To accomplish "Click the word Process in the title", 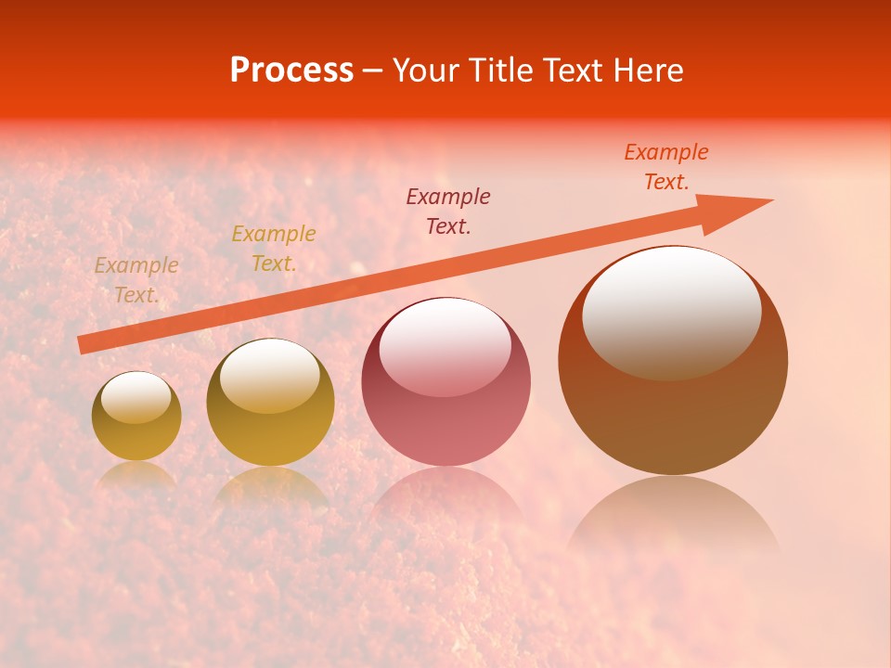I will (291, 71).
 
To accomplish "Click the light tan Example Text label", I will (136, 279).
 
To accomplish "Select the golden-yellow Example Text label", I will (274, 249).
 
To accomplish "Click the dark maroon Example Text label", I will (448, 211).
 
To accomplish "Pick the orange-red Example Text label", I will (666, 167).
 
